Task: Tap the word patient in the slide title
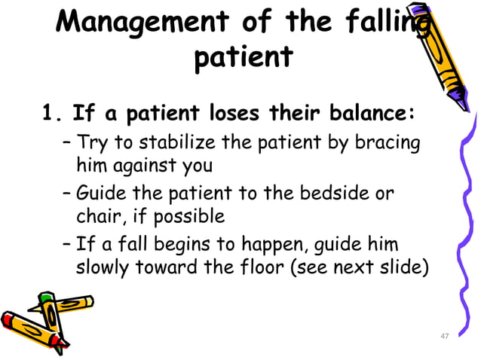[241, 56]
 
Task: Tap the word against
[141, 164]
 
